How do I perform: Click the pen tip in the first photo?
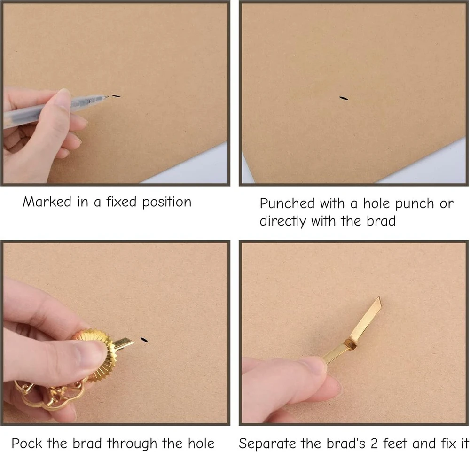(107, 96)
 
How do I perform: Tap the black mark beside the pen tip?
(116, 96)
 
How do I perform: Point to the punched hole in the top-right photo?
(344, 98)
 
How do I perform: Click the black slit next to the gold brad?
(144, 340)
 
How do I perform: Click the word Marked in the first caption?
(47, 202)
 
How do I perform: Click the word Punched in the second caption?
(287, 203)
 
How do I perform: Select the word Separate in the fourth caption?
(268, 444)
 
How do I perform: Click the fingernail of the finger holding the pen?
(64, 97)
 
